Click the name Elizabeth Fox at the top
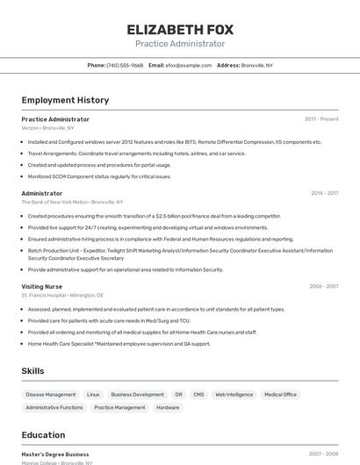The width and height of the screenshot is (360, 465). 179,28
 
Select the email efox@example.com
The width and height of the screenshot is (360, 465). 188,65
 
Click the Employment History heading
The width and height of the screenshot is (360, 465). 65,100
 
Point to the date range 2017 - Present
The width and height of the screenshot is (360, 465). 321,119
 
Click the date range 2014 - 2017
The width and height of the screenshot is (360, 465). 324,193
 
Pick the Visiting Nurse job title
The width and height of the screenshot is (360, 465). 42,286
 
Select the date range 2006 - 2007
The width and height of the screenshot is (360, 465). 323,286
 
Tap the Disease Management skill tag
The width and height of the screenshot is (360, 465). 51,395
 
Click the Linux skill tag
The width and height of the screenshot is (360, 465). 93,395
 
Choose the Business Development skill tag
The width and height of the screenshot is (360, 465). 137,395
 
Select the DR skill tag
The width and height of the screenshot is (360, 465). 178,395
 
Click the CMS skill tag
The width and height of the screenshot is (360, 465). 198,395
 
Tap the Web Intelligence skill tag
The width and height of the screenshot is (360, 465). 234,395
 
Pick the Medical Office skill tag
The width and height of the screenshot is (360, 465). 280,395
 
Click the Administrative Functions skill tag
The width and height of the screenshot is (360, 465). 54,407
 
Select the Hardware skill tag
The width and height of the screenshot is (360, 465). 168,407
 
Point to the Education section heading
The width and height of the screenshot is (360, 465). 43,435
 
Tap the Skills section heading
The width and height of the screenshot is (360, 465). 32,371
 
